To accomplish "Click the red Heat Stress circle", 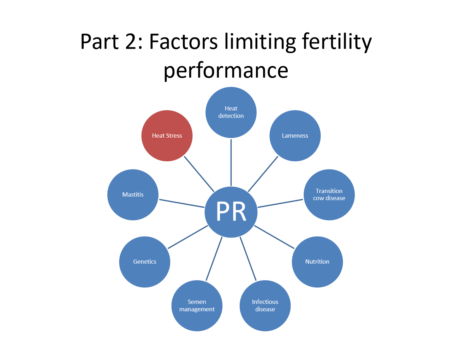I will click(x=167, y=136).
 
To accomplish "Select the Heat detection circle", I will click(x=231, y=112).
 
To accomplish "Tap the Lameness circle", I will click(x=295, y=136).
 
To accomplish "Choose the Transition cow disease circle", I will click(x=329, y=195).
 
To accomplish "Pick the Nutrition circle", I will click(x=317, y=262).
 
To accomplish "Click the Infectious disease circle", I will click(x=265, y=306).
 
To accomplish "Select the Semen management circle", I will click(x=197, y=306).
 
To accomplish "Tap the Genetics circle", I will click(x=145, y=262).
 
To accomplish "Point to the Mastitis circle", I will click(x=133, y=195).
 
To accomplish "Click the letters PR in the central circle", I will click(x=231, y=212).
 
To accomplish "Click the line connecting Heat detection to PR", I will click(x=231, y=162).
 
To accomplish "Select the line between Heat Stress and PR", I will click(x=199, y=174).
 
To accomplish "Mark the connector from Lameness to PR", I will click(x=263, y=174).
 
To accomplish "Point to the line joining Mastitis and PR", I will click(x=181, y=203).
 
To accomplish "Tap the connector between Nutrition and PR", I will click(x=274, y=237).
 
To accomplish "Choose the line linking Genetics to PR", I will click(x=188, y=237).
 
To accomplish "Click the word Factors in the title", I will click(x=184, y=42).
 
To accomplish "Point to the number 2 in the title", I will click(x=131, y=42).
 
